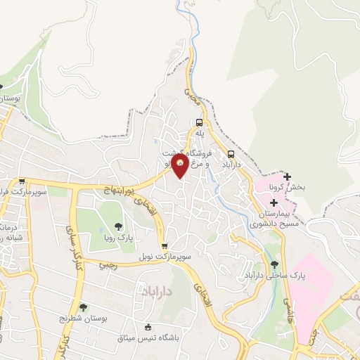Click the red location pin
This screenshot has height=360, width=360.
coord(181,167)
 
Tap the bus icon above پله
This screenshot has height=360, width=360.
coord(199,122)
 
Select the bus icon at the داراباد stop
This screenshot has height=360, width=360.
coord(231,154)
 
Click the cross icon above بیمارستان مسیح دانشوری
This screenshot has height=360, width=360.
coord(273,202)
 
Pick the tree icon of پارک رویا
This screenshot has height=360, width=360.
coord(118,226)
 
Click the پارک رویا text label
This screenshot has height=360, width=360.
coord(118,237)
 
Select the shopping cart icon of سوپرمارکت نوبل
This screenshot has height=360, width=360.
coord(165,247)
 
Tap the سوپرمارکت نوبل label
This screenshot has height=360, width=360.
coord(165,257)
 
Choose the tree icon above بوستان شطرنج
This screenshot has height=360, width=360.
coord(84,307)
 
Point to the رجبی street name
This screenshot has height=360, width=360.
coord(108,265)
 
